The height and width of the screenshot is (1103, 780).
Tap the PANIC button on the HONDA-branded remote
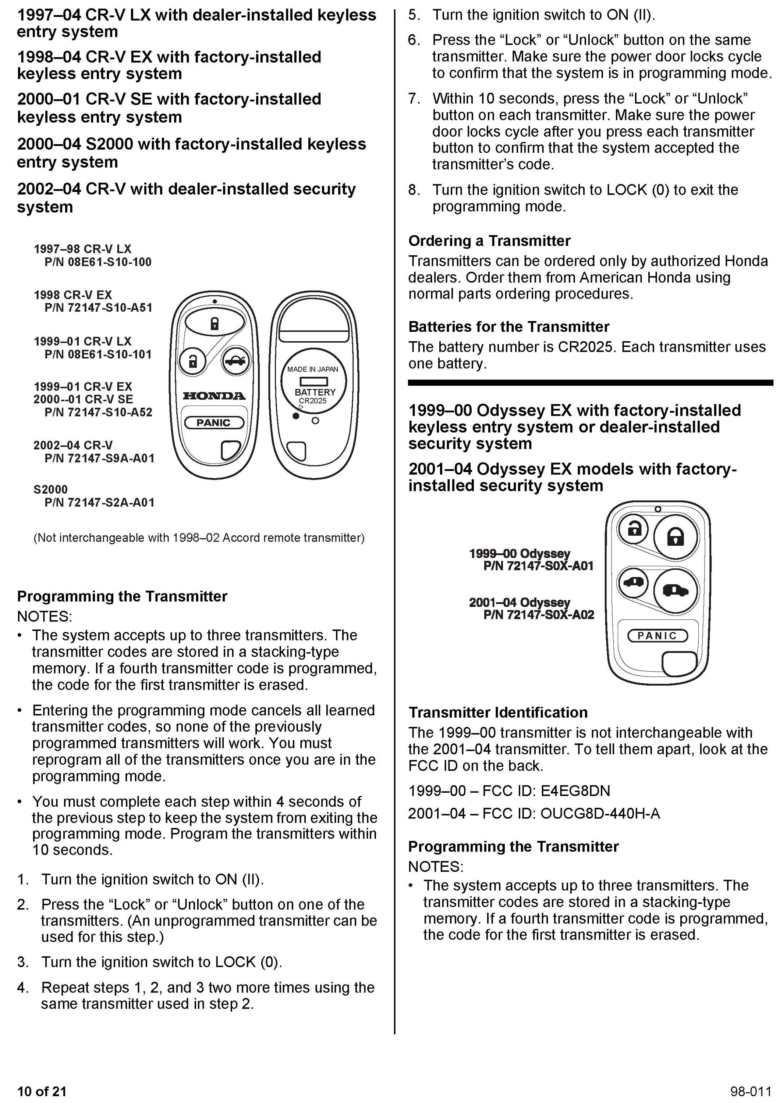coord(214,423)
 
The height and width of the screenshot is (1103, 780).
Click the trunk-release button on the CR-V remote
coord(235,360)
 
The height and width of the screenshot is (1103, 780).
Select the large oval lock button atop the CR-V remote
coord(214,323)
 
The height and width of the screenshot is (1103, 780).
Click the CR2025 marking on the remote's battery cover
coord(312,401)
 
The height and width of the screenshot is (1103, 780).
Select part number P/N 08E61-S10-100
coord(97,262)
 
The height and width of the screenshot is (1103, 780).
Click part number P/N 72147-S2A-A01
coord(99,503)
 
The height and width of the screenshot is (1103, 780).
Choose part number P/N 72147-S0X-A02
coord(538,615)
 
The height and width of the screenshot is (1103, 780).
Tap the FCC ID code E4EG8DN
coord(575,791)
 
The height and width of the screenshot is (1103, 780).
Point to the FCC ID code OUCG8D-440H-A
coord(600,813)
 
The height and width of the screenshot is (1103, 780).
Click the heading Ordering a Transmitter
coord(489,241)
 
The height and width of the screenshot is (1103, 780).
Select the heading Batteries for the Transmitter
coord(508,327)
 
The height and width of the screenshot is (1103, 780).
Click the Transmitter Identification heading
coord(498,713)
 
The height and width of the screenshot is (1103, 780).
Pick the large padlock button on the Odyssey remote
coord(676,536)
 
